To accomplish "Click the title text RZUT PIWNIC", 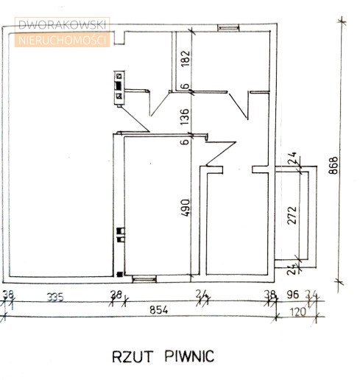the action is pyautogui.click(x=163, y=356).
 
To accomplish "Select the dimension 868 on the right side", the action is pyautogui.click(x=333, y=166).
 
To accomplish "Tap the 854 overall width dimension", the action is pyautogui.click(x=159, y=310).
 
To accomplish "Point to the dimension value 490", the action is pyautogui.click(x=186, y=208).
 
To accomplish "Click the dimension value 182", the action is pyautogui.click(x=186, y=58).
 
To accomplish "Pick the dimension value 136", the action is pyautogui.click(x=186, y=116).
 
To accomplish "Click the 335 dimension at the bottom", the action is pyautogui.click(x=55, y=298).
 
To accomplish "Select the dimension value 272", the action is pyautogui.click(x=292, y=215).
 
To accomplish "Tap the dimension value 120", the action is pyautogui.click(x=298, y=312).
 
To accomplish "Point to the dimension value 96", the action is pyautogui.click(x=293, y=295).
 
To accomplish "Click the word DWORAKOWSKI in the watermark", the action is pyautogui.click(x=62, y=25).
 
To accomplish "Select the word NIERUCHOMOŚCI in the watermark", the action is pyautogui.click(x=62, y=40).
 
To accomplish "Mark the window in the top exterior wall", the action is pyautogui.click(x=228, y=28).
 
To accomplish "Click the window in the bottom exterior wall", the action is pyautogui.click(x=144, y=279).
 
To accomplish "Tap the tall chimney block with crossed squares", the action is pyautogui.click(x=119, y=88).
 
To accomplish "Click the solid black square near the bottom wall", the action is pyautogui.click(x=119, y=275).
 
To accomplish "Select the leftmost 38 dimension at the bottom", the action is pyautogui.click(x=8, y=295).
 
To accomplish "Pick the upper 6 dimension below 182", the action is pyautogui.click(x=186, y=86).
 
